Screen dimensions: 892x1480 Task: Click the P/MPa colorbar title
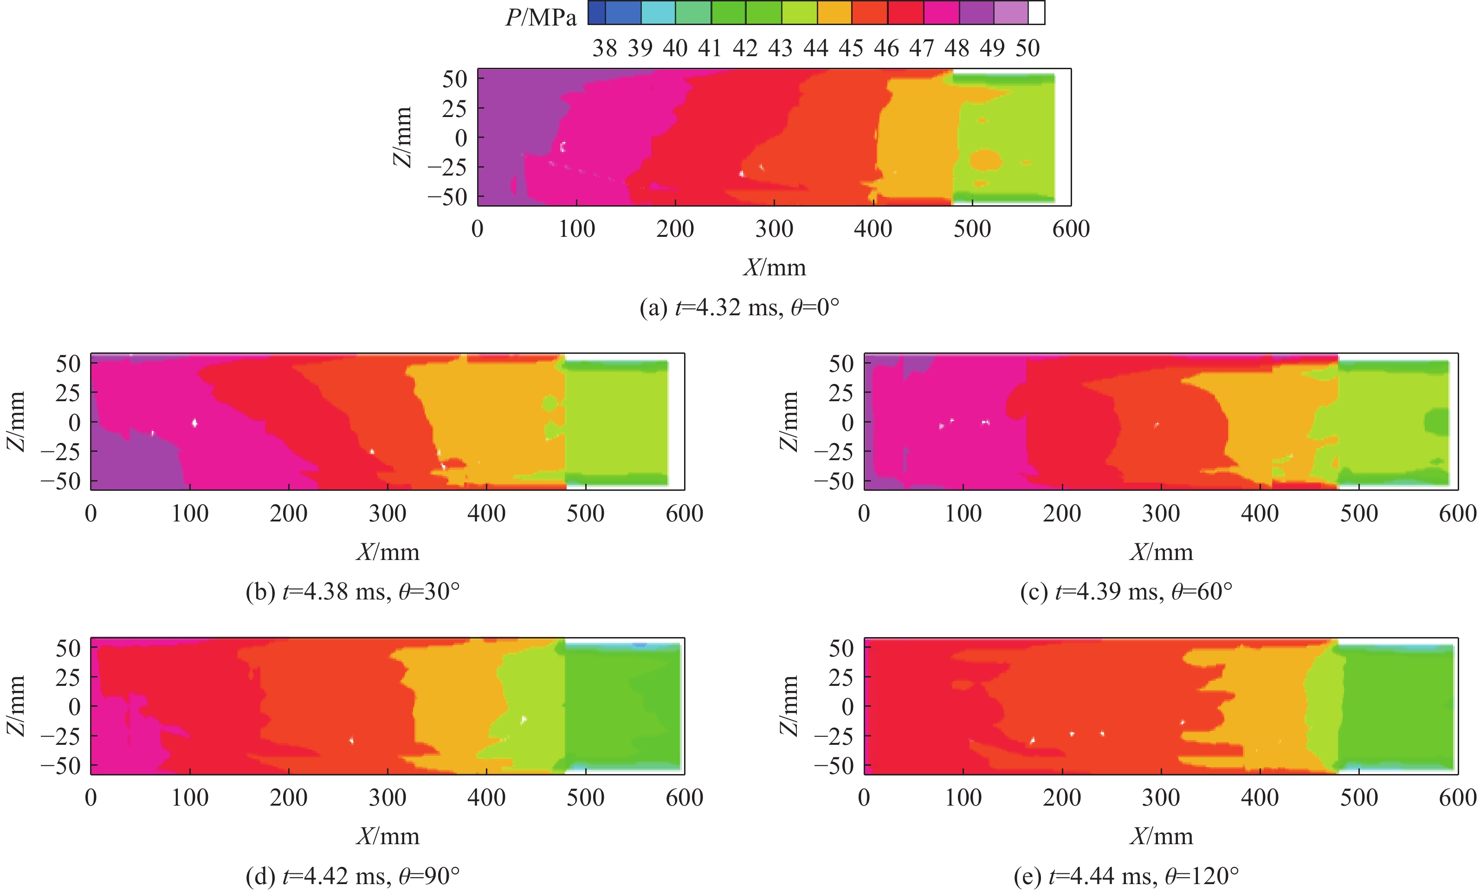(541, 18)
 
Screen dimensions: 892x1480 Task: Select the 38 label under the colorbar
(604, 49)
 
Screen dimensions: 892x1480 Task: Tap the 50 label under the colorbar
(1027, 49)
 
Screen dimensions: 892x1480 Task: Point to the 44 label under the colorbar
(816, 49)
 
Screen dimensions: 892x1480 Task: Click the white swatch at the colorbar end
(1037, 13)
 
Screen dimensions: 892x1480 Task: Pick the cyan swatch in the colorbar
(658, 13)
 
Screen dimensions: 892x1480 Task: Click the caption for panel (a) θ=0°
(739, 308)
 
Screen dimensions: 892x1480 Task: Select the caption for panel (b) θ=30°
(353, 592)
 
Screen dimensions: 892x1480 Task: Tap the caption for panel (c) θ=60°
(1126, 592)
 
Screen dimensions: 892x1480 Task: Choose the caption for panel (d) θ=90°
(353, 876)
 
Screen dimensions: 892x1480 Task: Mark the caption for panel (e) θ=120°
(1126, 876)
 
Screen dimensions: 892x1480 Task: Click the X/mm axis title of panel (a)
(775, 267)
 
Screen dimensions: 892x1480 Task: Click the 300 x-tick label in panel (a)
(774, 229)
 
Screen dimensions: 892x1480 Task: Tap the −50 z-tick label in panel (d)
(61, 766)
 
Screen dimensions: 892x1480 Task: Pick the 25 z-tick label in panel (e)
(841, 677)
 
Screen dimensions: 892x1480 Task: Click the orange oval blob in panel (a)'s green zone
(986, 160)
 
